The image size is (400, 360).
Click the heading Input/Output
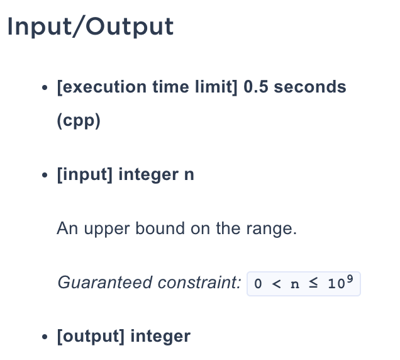91,27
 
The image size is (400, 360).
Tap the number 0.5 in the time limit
256,87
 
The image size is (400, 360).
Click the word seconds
310,87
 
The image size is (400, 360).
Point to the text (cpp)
79,120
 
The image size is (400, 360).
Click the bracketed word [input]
85,174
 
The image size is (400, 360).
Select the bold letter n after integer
189,175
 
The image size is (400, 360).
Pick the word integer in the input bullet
148,175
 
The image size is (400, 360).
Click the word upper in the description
107,228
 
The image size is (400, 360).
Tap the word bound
160,228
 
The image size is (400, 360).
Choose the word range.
272,228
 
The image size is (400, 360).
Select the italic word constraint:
199,283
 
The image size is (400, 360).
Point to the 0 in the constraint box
258,284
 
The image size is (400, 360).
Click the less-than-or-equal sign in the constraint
313,283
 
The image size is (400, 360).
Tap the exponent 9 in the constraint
350,279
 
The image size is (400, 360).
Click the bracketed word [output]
91,336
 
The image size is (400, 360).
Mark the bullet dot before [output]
45,337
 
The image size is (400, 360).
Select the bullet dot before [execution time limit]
45,87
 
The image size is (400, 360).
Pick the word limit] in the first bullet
216,87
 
